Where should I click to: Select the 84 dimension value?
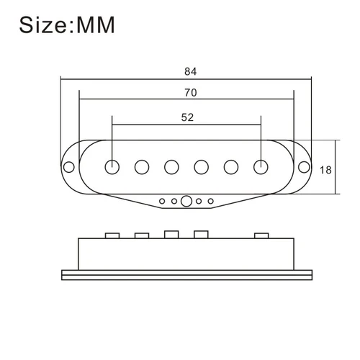tap(190, 72)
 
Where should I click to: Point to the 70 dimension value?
tap(190, 93)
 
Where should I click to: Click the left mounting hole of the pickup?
tap(70, 167)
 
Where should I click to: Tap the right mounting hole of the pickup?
tap(305, 167)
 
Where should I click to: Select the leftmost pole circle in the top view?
tap(112, 166)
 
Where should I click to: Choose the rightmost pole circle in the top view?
tap(261, 166)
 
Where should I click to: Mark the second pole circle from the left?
tap(143, 166)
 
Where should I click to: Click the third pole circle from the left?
tap(172, 166)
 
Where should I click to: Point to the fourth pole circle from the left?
tap(202, 166)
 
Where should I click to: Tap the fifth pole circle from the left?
tap(231, 166)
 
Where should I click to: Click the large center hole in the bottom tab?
tap(186, 201)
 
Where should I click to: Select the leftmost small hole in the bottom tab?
tap(162, 201)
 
